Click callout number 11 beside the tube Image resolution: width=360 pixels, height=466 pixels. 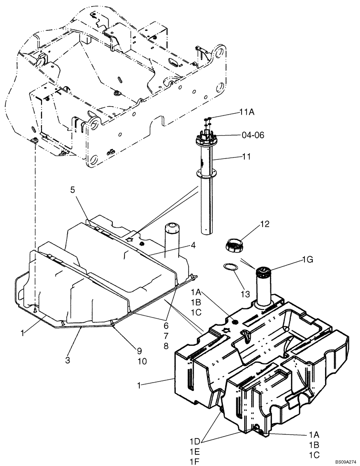[246, 157]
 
